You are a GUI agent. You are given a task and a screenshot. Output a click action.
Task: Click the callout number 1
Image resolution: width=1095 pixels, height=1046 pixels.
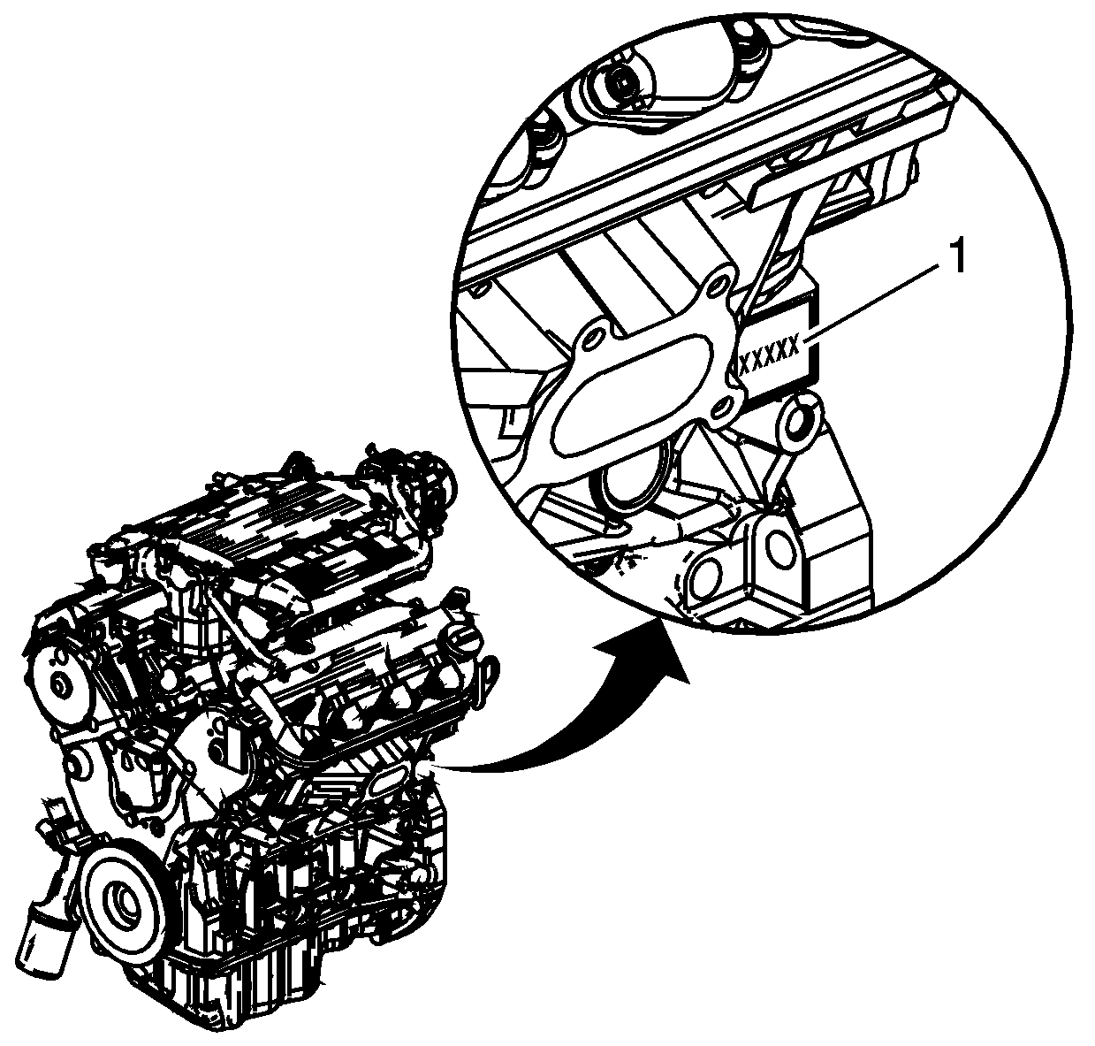(x=956, y=256)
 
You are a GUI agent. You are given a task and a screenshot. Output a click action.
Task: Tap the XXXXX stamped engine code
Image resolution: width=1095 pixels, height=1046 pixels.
(x=769, y=355)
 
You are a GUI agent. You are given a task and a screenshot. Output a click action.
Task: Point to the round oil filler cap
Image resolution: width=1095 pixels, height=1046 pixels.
(x=461, y=642)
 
